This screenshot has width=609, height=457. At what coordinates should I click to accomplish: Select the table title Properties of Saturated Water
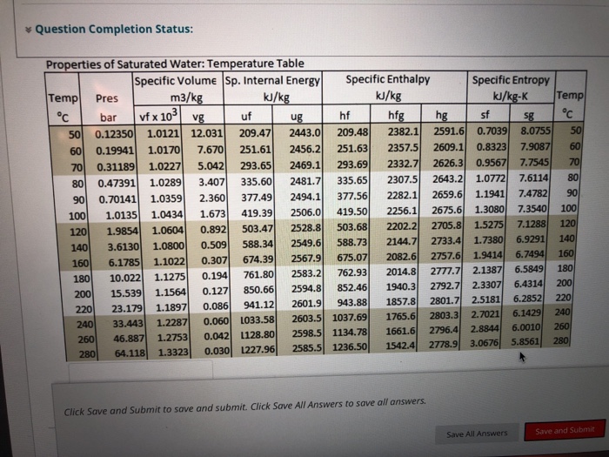point(174,64)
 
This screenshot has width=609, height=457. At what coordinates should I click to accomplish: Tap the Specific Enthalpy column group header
point(387,79)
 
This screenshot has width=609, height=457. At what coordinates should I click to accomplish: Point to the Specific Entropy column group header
point(510,80)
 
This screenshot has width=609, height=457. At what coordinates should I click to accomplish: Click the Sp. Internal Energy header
point(273,81)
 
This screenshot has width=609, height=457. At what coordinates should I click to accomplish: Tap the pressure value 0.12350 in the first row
point(112,133)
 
